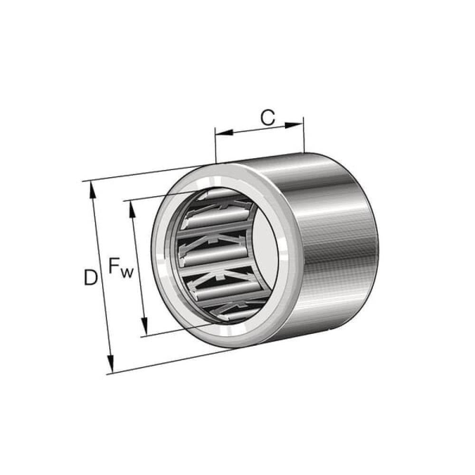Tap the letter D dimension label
[91, 277]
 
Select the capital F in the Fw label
[114, 266]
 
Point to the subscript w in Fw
[127, 273]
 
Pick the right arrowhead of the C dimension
[294, 125]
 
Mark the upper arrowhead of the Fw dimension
[132, 209]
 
